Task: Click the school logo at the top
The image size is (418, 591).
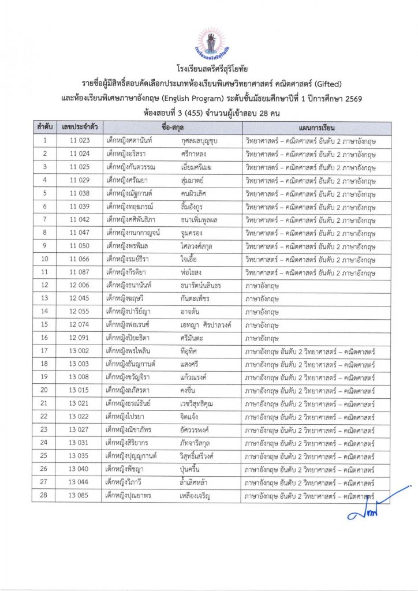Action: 208,41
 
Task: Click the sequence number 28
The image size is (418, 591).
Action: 45,496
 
